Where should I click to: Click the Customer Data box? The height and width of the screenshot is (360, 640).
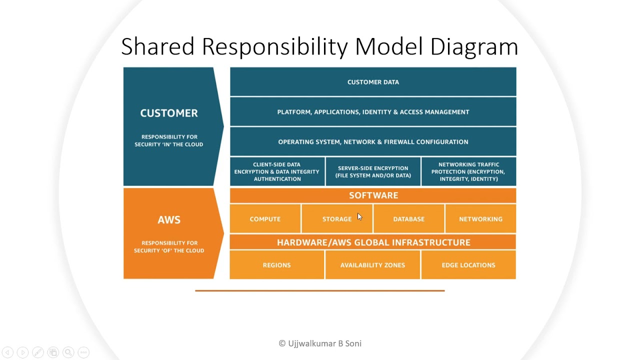[x=373, y=81]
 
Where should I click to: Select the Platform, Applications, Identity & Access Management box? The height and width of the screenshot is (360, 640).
[x=373, y=111]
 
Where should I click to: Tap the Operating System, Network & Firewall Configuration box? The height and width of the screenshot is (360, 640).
[x=373, y=141]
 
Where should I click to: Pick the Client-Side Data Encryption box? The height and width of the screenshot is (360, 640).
[x=277, y=171]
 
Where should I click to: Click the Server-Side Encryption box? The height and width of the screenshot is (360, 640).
[x=373, y=171]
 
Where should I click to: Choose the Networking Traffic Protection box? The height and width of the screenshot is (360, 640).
[x=469, y=171]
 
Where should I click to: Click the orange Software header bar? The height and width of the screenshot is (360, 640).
[x=373, y=195]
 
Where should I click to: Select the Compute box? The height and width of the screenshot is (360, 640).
[x=265, y=219]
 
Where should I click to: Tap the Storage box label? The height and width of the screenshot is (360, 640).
[x=337, y=219]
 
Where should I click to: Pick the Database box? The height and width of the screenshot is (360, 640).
[x=409, y=219]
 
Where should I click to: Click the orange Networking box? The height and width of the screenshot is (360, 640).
[x=481, y=219]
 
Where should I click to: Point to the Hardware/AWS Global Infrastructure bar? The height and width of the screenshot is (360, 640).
[x=373, y=242]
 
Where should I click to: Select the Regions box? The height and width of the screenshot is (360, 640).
[x=277, y=265]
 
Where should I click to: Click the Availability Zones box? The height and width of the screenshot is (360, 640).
[x=373, y=265]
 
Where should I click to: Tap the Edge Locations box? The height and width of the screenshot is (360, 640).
[x=469, y=265]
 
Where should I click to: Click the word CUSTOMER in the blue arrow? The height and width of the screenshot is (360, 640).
[x=169, y=113]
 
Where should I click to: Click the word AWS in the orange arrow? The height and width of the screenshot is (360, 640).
[x=169, y=219]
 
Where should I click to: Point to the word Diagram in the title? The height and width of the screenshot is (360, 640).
[x=474, y=46]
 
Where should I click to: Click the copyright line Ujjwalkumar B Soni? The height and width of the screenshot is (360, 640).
[x=320, y=343]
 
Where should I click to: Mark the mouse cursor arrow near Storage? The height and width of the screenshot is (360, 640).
[x=359, y=217]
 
